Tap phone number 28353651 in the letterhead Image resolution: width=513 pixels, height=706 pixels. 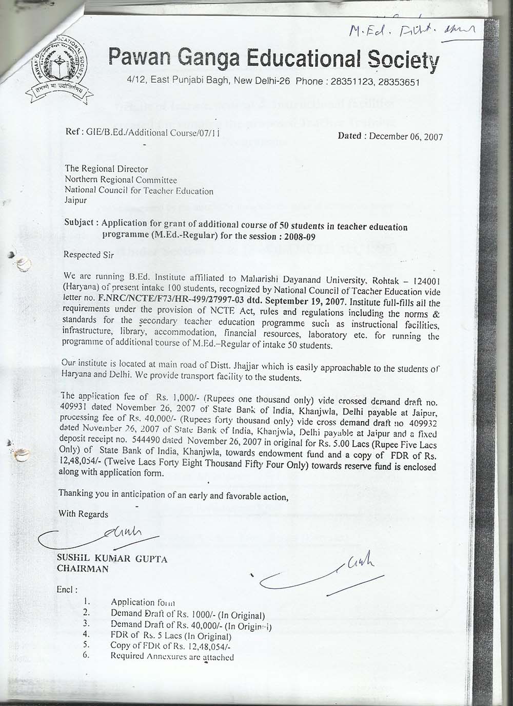400,82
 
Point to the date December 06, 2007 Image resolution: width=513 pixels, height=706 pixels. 405,137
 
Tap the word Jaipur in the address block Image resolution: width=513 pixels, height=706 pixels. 75,200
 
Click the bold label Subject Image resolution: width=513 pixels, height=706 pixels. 80,224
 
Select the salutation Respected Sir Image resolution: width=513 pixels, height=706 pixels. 87,254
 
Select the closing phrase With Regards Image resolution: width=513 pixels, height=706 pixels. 84,513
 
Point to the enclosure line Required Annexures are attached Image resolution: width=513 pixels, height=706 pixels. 172,657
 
